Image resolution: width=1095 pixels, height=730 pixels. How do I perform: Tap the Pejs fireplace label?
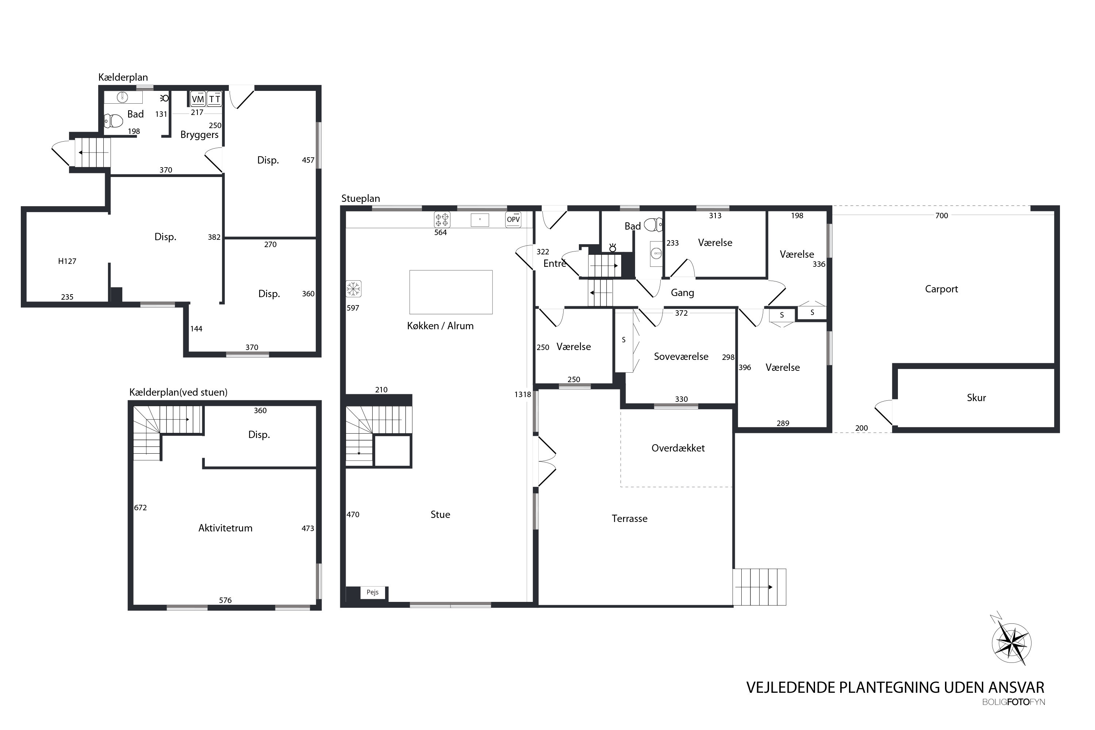click(x=372, y=592)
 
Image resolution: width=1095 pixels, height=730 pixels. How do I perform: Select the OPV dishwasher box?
click(x=513, y=219)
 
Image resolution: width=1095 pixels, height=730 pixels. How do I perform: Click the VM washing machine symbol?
click(x=198, y=99)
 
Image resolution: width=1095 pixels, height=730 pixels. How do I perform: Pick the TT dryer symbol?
click(x=214, y=99)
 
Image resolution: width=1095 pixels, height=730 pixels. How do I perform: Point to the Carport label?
click(x=941, y=289)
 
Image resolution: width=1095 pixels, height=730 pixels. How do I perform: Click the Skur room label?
click(x=976, y=397)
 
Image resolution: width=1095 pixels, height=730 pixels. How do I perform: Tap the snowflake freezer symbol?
click(x=353, y=289)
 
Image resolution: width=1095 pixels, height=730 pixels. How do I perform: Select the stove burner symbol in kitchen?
click(x=442, y=219)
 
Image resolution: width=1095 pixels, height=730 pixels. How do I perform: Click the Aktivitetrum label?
click(x=225, y=528)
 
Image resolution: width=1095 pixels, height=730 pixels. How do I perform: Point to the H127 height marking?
click(x=67, y=261)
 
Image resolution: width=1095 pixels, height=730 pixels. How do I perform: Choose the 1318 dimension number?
click(x=522, y=394)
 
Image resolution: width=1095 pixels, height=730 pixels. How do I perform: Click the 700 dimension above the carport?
click(x=941, y=216)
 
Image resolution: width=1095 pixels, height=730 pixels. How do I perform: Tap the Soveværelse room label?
click(x=681, y=357)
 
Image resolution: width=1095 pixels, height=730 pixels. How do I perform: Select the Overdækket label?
click(x=678, y=448)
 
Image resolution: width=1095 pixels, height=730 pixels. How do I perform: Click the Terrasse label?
click(x=629, y=519)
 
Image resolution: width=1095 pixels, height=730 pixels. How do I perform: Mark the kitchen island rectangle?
click(x=451, y=292)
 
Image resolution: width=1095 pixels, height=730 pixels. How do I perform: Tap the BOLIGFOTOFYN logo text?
click(x=1014, y=702)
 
